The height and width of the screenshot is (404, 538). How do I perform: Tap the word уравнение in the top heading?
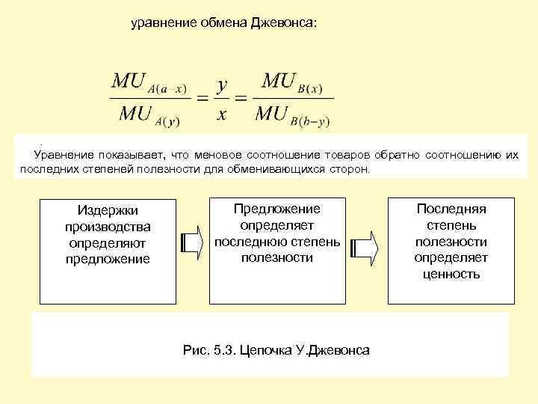tap(161, 23)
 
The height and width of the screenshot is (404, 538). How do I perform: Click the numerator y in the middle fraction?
tap(221, 84)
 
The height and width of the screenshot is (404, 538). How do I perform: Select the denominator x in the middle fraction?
tap(221, 114)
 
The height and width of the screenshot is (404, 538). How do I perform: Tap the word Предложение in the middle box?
tap(276, 209)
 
